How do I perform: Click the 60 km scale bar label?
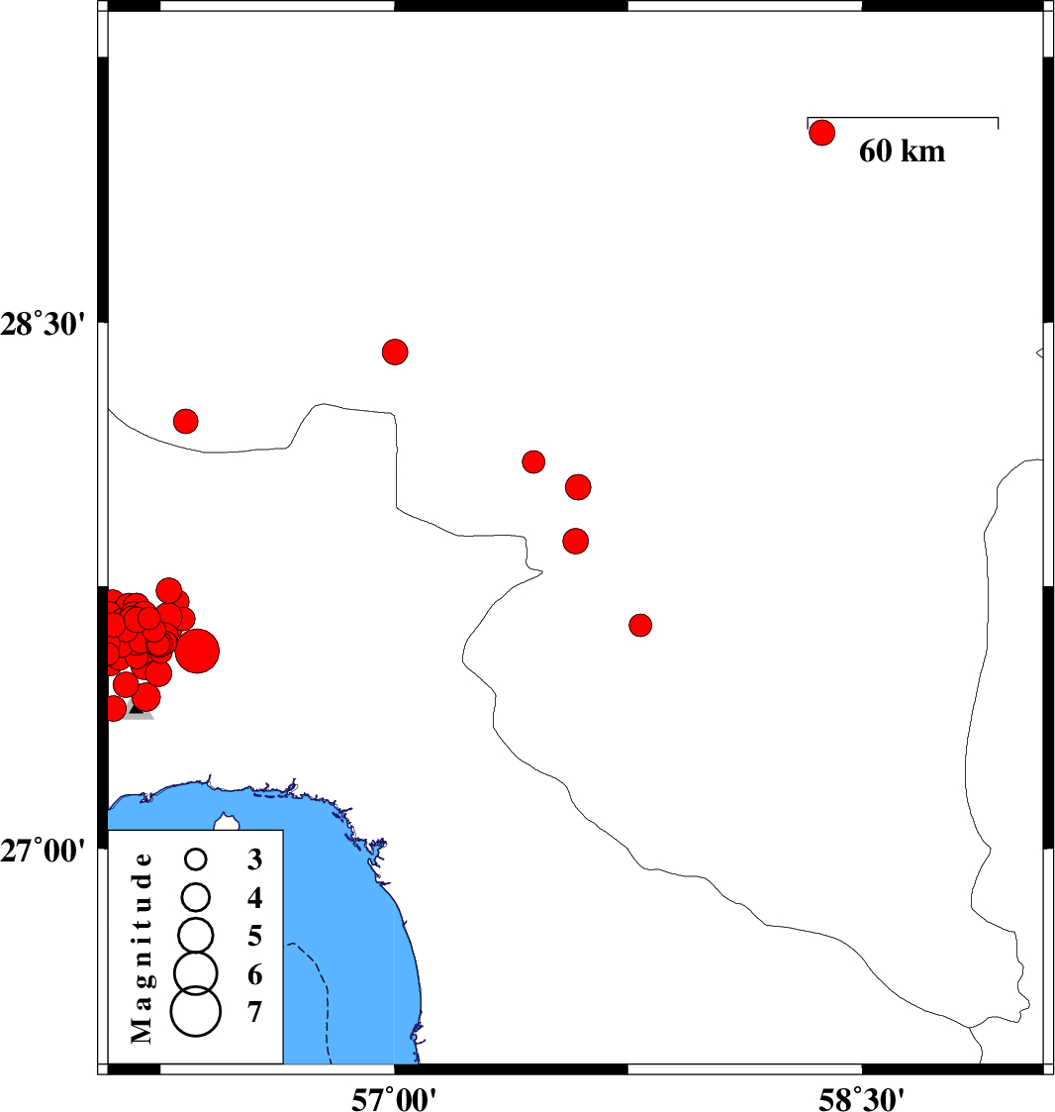point(902,152)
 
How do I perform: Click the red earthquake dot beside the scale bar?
point(822,133)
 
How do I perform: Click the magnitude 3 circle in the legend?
point(196,859)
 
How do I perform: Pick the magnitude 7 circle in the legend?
point(196,1012)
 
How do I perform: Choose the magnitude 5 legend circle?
point(196,934)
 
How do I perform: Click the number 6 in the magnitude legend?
point(255,975)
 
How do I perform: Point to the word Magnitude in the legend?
point(143,947)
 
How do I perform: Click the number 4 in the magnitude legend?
point(255,898)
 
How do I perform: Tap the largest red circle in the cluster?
point(197,651)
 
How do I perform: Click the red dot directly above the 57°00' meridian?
point(395,352)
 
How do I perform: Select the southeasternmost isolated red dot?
point(640,625)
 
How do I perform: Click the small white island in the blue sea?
point(229,822)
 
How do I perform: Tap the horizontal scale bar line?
point(903,118)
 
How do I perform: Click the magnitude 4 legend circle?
point(196,896)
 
